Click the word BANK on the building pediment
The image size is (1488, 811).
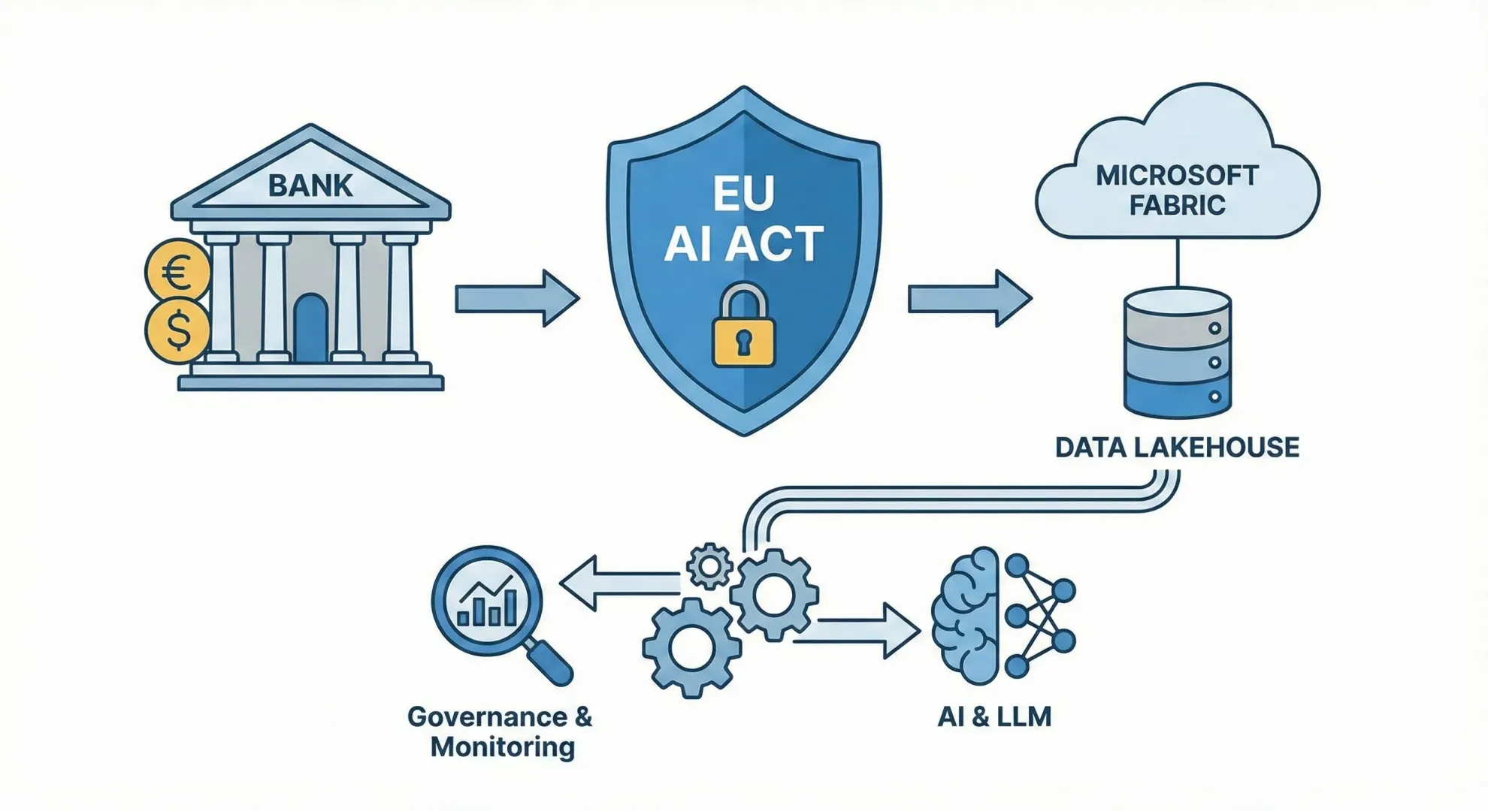pos(310,185)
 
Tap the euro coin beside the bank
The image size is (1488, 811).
pos(178,271)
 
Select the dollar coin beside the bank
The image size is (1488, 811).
pos(178,330)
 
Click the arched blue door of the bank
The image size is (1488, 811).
pos(310,330)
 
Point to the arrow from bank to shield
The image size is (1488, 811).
pos(517,298)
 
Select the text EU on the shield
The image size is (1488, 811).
pos(743,193)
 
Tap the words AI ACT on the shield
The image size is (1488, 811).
pos(743,243)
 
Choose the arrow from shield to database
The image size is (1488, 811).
pos(969,298)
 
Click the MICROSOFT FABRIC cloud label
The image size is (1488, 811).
pos(1177,190)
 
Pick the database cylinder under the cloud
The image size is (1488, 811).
pos(1177,353)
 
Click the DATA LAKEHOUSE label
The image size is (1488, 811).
pos(1177,448)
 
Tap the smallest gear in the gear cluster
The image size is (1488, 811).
pos(709,566)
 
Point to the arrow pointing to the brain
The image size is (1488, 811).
pos(857,631)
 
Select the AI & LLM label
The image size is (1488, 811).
pos(994,716)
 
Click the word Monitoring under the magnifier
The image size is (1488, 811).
pos(502,747)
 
